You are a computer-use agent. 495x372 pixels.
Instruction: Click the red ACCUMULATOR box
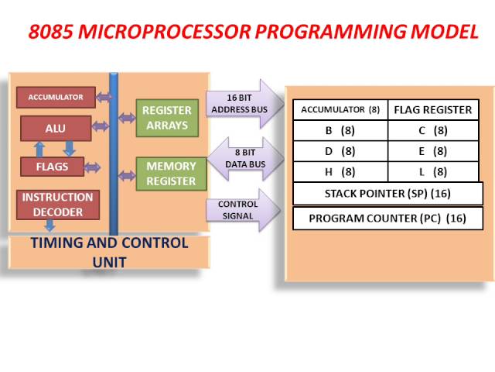pos(56,97)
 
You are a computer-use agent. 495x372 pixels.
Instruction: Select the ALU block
pos(55,128)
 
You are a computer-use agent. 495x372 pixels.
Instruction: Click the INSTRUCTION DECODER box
pos(57,204)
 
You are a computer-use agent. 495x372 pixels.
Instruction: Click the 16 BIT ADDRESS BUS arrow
pos(241,103)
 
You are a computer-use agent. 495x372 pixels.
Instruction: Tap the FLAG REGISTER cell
pos(432,109)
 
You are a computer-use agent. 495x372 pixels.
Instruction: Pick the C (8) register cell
pos(432,130)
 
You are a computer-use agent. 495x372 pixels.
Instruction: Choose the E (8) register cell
pos(432,151)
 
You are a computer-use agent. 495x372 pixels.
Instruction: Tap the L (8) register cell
pos(432,171)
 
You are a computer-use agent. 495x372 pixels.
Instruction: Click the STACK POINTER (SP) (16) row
pos(387,193)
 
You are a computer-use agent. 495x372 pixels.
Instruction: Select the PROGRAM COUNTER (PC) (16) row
pos(387,218)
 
